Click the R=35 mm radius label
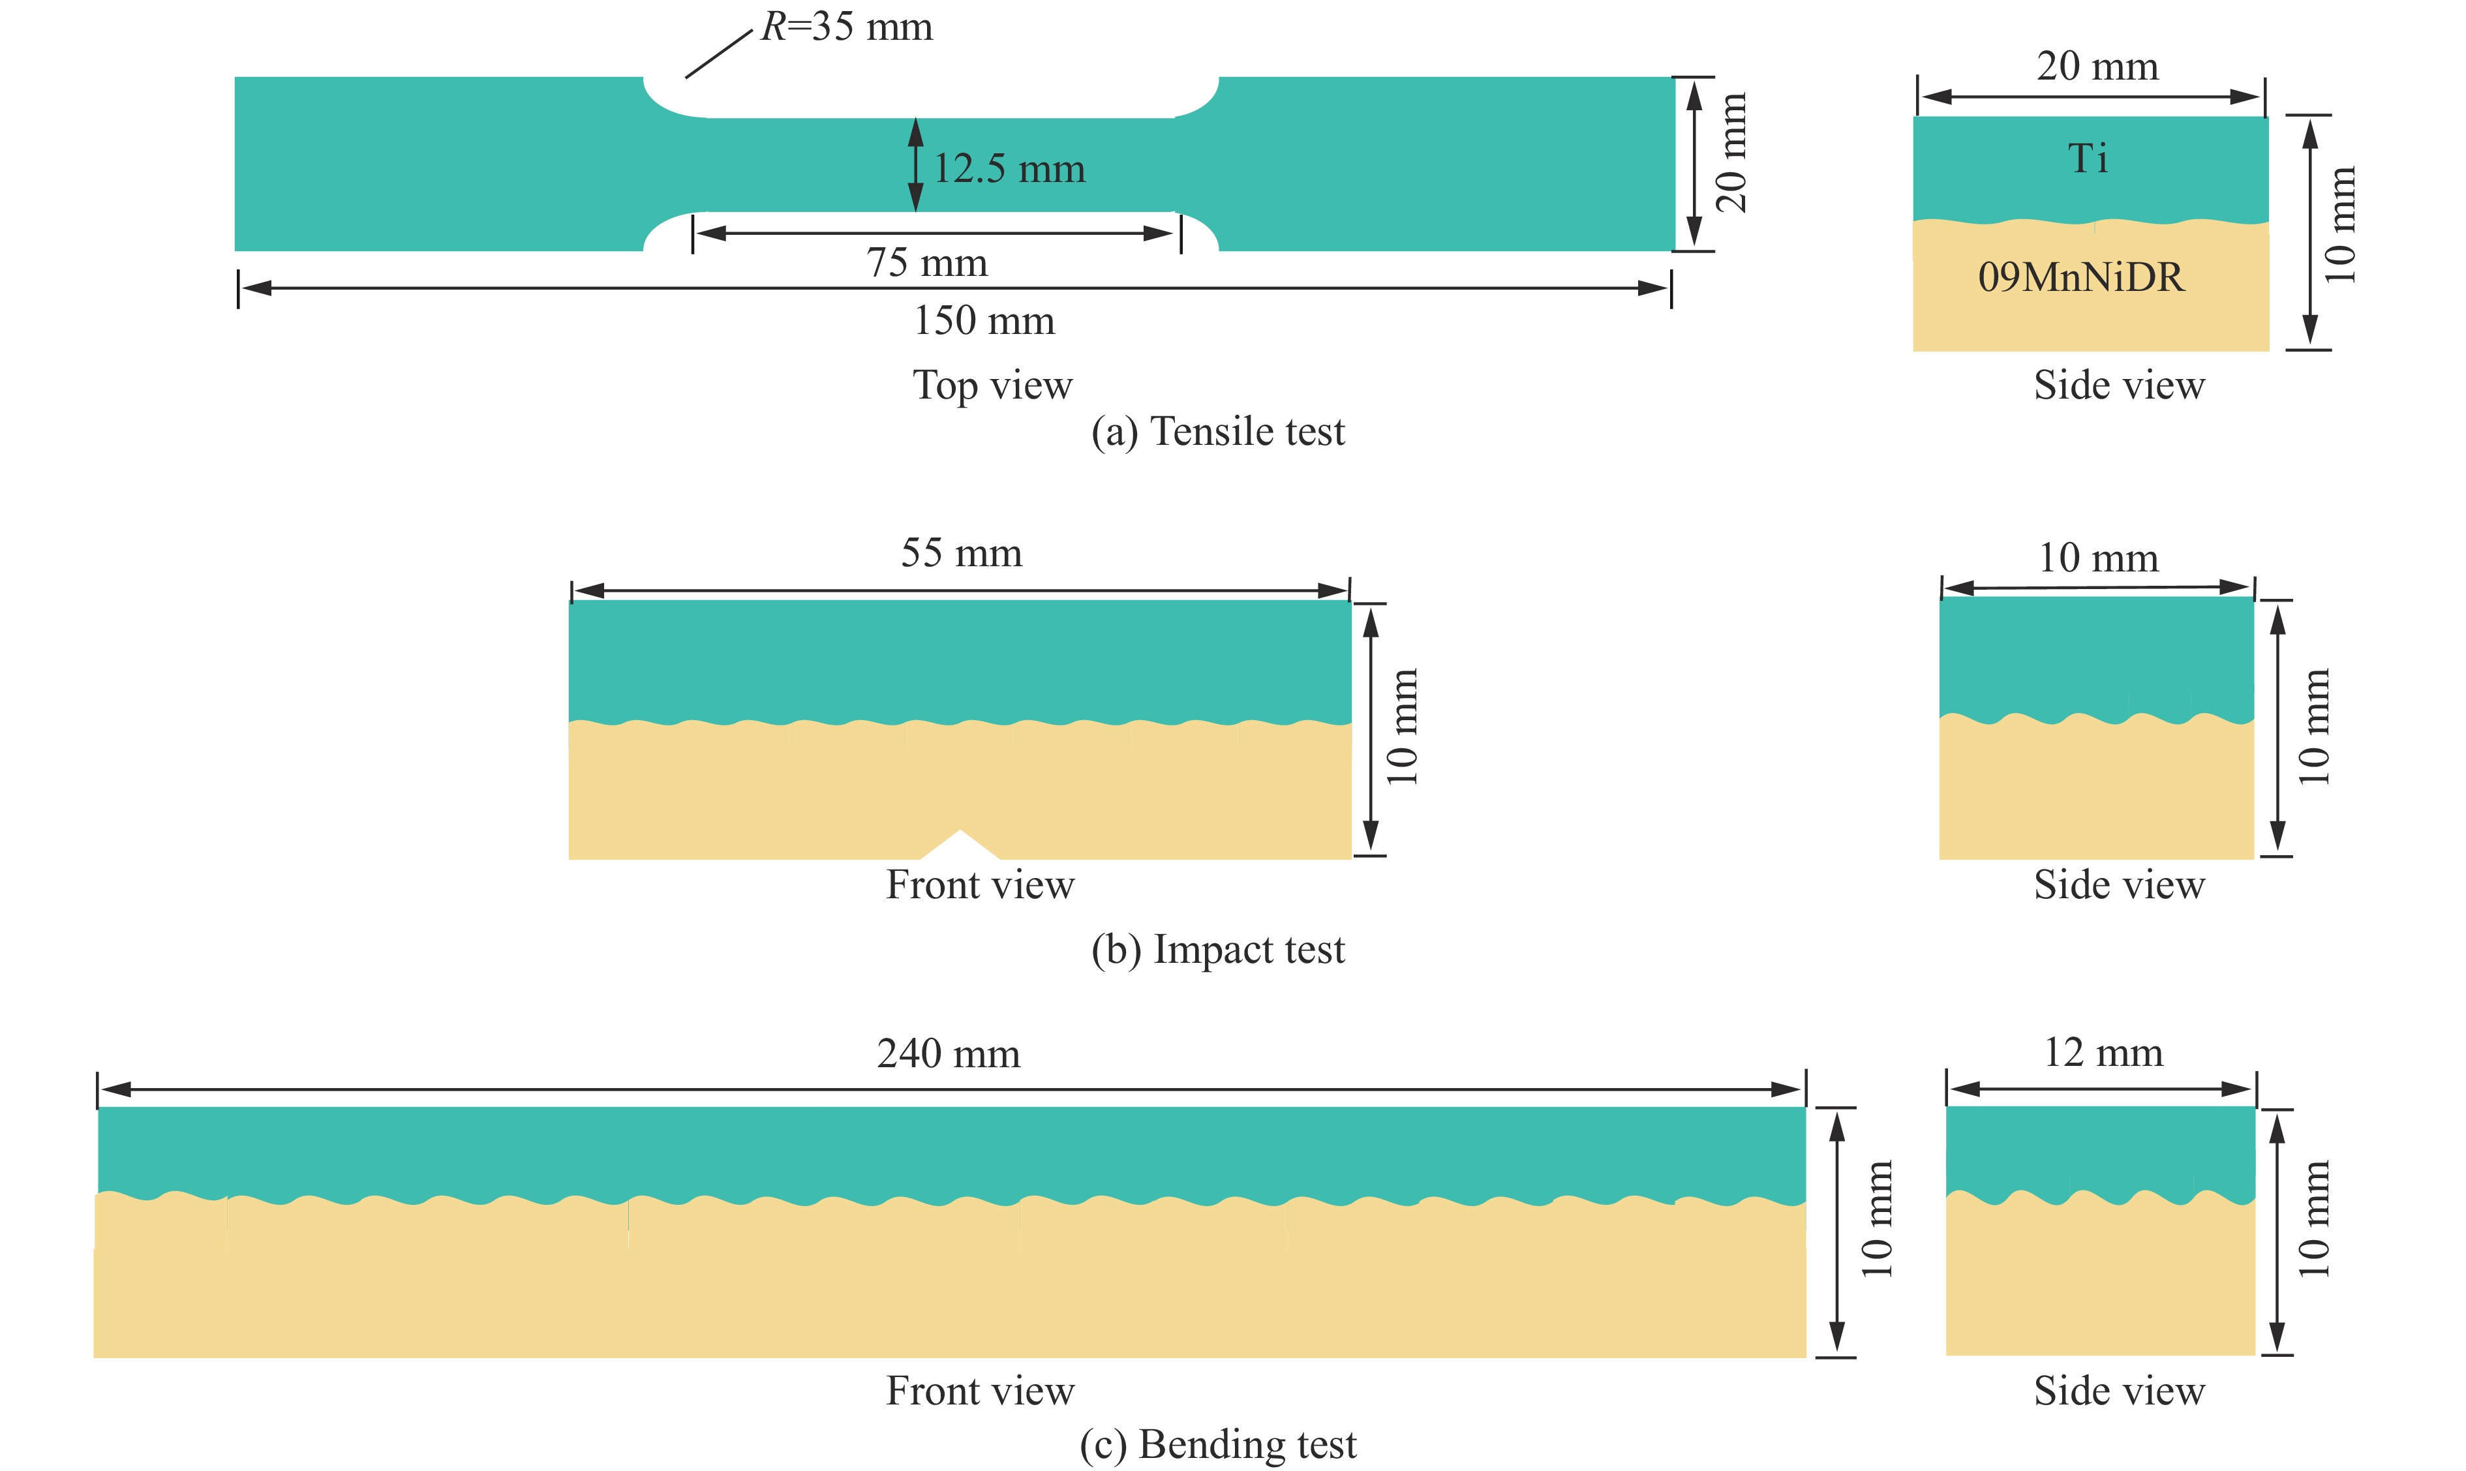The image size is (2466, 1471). (846, 27)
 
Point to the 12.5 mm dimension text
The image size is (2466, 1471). (1009, 168)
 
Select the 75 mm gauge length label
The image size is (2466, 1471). (927, 263)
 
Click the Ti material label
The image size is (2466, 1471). (2088, 159)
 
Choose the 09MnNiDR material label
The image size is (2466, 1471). (2080, 277)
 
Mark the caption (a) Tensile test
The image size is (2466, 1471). (1218, 431)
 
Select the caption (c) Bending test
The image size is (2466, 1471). (1218, 1444)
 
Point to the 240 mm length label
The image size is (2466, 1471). (949, 1054)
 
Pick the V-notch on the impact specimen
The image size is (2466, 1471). (960, 845)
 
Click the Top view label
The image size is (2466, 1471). (992, 386)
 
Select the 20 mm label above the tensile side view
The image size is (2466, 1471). (2097, 67)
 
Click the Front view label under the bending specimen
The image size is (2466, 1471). (981, 1391)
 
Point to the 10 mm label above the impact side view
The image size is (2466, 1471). (2098, 558)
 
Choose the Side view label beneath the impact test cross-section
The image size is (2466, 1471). (2119, 884)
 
